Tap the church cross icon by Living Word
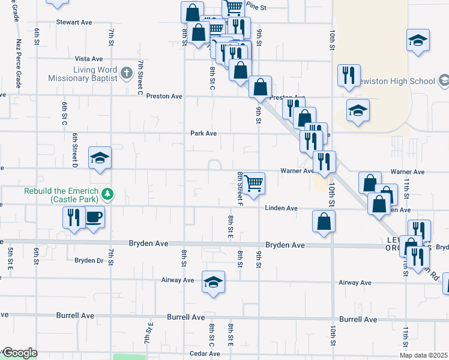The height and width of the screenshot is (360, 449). (126, 74)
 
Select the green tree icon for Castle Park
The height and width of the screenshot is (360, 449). (107, 193)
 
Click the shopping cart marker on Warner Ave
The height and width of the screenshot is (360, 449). (255, 182)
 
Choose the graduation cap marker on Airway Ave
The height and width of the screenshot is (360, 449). (212, 282)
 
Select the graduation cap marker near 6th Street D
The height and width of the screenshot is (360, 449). (100, 158)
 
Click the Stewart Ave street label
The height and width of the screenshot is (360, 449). (74, 22)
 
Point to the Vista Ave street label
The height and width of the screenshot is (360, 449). (89, 59)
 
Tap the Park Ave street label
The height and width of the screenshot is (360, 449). (203, 133)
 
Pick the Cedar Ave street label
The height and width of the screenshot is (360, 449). (205, 353)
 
